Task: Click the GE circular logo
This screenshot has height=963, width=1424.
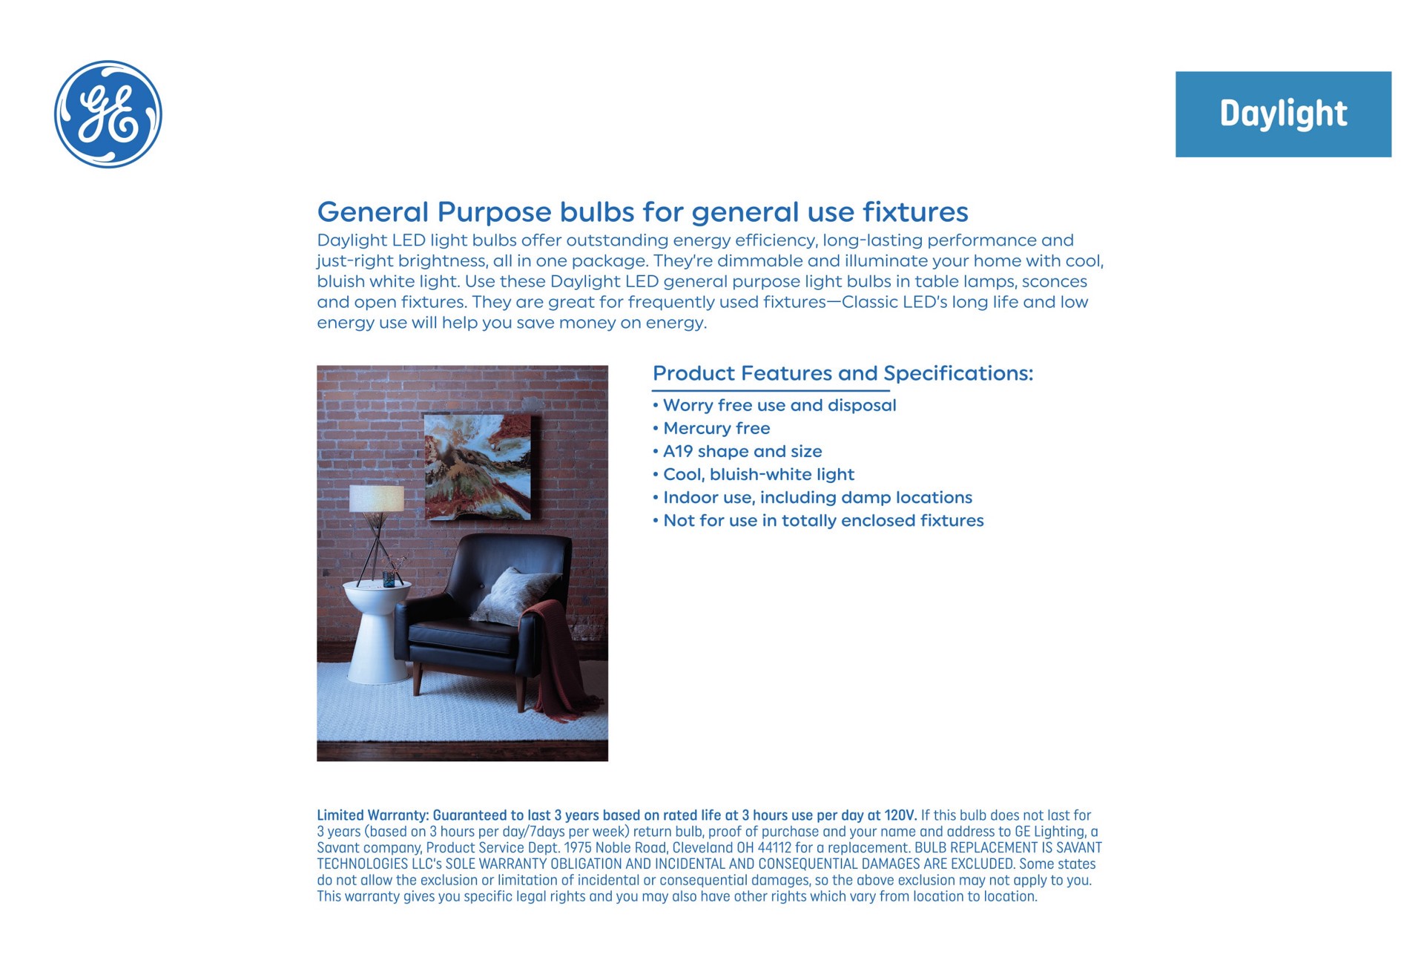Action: tap(108, 114)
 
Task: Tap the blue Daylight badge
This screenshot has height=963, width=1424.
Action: tap(1283, 114)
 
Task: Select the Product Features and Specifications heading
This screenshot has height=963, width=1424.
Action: tap(843, 373)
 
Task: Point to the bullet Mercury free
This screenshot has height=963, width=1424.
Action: tap(712, 428)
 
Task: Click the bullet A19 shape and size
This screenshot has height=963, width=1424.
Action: tap(738, 451)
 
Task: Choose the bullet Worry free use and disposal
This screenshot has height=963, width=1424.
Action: tap(775, 405)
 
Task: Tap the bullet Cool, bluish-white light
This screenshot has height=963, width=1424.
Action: tap(754, 474)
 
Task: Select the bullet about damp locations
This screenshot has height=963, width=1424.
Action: tap(813, 497)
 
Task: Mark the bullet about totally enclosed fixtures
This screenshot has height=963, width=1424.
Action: tap(819, 520)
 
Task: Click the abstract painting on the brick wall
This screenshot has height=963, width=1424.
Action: tap(478, 466)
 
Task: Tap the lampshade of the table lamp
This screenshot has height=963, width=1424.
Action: tap(377, 498)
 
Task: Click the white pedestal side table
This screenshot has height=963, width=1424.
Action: tap(377, 631)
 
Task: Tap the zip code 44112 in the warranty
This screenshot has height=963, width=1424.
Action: tap(775, 848)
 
